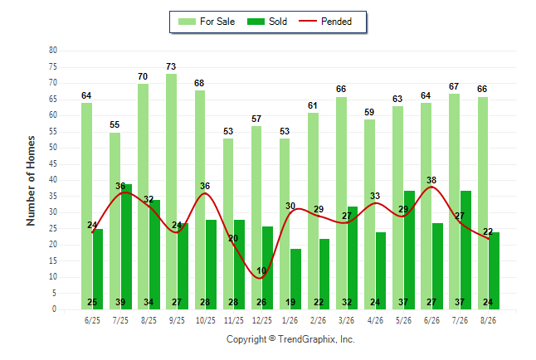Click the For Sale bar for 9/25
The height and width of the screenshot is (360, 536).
171,192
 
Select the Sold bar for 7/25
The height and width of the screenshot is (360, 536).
126,246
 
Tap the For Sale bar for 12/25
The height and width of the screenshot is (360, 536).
256,217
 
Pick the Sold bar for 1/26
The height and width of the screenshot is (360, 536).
295,279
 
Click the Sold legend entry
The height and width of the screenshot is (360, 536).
267,22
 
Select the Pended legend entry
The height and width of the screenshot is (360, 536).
325,22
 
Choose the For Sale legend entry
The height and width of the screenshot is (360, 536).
207,22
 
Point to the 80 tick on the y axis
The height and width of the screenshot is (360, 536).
52,51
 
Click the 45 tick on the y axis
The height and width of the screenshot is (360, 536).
52,163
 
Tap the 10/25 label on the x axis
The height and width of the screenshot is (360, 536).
206,320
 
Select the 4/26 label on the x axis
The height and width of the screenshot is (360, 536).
375,320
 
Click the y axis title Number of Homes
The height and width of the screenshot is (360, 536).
31,181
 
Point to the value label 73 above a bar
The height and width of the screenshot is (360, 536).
171,66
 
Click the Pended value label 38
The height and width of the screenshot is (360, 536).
431,180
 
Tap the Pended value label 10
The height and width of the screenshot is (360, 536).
261,270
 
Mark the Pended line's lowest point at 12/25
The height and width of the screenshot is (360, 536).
260,278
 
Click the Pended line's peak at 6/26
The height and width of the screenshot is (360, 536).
431,187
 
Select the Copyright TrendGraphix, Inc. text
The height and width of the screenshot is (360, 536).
290,339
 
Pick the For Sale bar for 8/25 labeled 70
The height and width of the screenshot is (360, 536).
143,197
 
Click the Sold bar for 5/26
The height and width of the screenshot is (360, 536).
409,250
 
